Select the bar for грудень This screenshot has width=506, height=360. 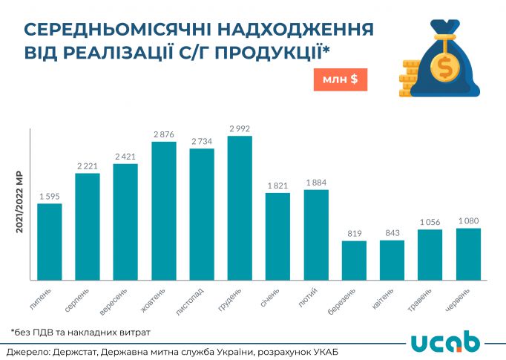[x=240, y=209]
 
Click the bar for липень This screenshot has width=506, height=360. [x=50, y=242]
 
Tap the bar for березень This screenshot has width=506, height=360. [x=354, y=261]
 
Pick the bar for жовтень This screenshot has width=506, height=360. [x=164, y=211]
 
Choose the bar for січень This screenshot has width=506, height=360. [x=277, y=236]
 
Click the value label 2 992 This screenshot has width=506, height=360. [x=240, y=128]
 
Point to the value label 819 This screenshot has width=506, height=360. [x=354, y=234]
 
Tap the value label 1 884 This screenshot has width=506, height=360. [x=316, y=183]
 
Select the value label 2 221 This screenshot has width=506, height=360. [x=88, y=166]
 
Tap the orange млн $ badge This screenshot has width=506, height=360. [x=341, y=79]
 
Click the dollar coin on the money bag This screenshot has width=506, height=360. [x=447, y=69]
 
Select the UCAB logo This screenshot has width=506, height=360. [x=446, y=342]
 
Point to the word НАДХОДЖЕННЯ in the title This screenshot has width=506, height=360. [x=289, y=30]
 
